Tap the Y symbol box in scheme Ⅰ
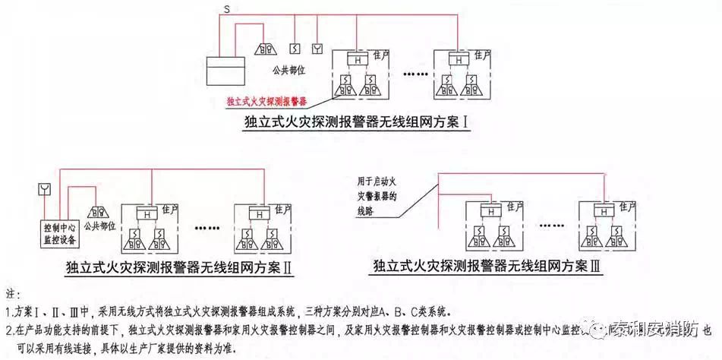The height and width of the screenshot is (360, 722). coord(317,49)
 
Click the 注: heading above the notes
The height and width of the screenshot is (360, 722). coord(14,293)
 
